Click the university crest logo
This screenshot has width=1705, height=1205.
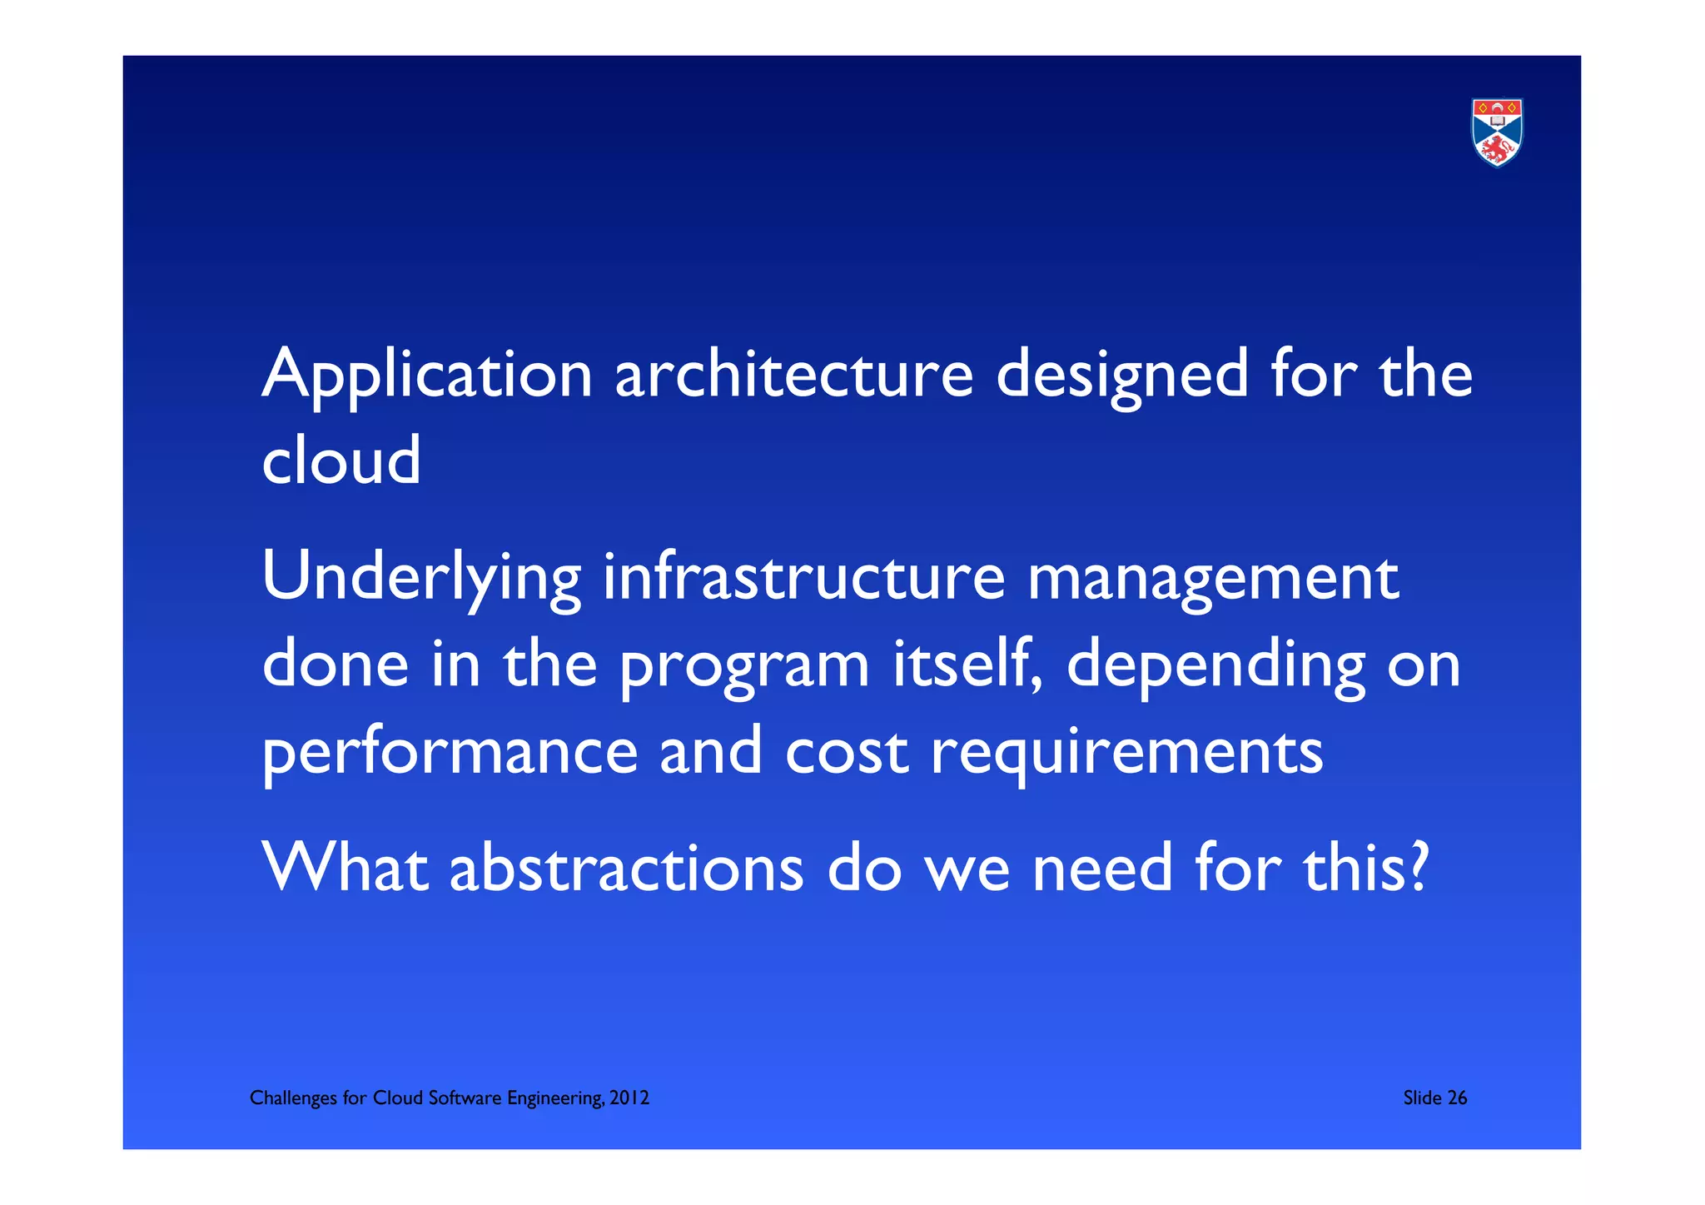pos(1497,132)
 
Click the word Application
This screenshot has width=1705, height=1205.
pos(427,375)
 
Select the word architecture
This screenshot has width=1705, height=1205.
pos(793,375)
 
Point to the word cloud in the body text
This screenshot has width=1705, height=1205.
pos(341,461)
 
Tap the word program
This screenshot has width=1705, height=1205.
pos(745,667)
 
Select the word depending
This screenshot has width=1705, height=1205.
pos(1215,667)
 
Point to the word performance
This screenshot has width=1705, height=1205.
pos(450,753)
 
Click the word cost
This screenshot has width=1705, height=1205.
pos(846,751)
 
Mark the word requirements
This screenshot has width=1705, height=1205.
pos(1126,753)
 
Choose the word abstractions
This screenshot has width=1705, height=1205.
pos(626,868)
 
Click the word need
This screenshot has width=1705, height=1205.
pos(1102,868)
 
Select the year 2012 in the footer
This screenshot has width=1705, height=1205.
pos(629,1098)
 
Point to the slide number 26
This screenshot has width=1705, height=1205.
pos(1458,1098)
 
